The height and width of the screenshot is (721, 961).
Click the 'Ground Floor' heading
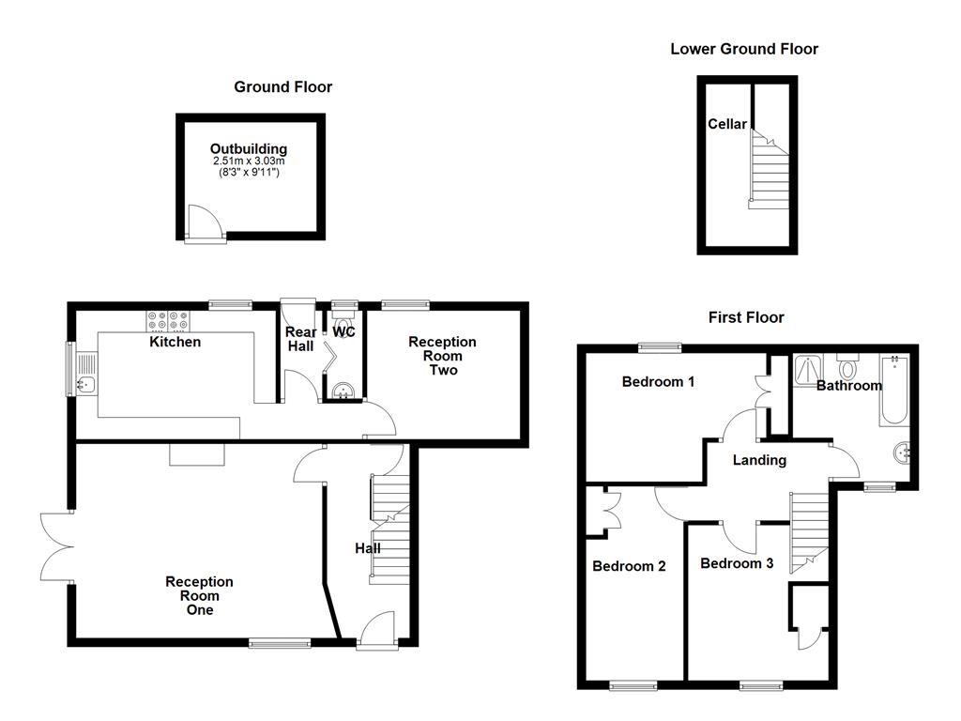click(282, 87)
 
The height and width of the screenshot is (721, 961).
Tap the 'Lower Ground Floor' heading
click(743, 49)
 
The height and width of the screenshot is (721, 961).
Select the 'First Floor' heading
click(745, 317)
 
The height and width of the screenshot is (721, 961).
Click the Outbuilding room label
click(248, 149)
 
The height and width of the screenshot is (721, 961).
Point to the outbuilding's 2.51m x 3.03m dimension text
click(248, 161)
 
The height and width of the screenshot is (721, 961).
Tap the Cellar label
click(727, 124)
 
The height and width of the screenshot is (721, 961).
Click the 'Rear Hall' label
click(300, 340)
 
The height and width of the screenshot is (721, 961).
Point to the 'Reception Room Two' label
click(442, 356)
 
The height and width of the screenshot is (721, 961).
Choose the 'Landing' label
click(759, 460)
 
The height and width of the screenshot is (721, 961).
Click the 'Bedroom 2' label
click(629, 566)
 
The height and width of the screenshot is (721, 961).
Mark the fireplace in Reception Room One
click(197, 454)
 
